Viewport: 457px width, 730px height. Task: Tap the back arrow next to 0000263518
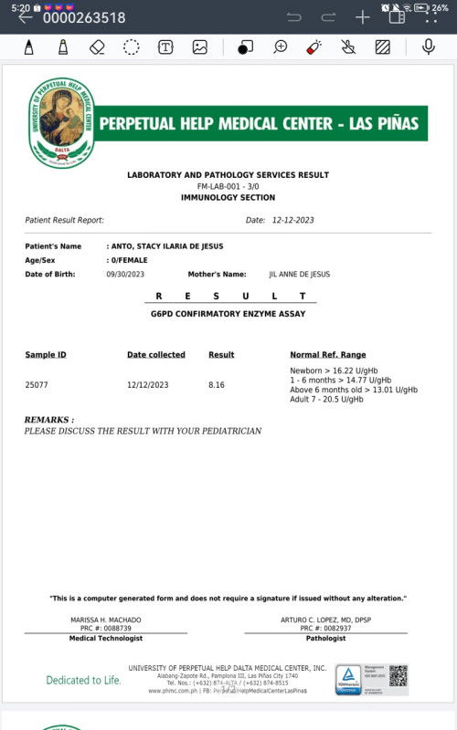(x=25, y=17)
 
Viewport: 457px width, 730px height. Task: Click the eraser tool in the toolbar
(x=98, y=47)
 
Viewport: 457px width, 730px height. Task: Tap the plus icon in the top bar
(x=362, y=17)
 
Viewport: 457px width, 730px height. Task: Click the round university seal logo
(x=61, y=123)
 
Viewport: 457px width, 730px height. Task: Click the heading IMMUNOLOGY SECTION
(x=228, y=197)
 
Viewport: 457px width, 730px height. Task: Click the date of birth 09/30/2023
(x=125, y=274)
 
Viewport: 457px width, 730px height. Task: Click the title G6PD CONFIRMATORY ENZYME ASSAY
(x=228, y=313)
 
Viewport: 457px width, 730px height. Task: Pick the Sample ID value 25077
(x=37, y=385)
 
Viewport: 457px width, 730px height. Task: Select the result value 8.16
(x=217, y=385)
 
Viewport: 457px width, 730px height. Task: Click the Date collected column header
(x=155, y=354)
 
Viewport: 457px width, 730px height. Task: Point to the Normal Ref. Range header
(x=327, y=354)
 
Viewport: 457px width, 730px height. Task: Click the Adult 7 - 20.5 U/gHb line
(x=326, y=399)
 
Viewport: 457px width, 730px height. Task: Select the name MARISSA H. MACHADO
(x=106, y=620)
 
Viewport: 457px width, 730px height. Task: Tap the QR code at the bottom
(x=398, y=676)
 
